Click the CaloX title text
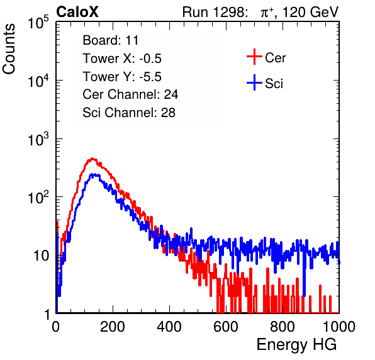pos(77,11)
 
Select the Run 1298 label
pos(215,12)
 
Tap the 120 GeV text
pos(311,12)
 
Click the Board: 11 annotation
pos(111,40)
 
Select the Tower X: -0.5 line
pos(122,59)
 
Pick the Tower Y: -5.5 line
pos(122,77)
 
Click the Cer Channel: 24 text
pos(130,94)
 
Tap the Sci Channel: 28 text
pos(129,113)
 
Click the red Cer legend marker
pos(254,57)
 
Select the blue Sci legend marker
pos(254,83)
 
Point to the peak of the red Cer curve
pos(92,159)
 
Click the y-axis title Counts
pos(9,48)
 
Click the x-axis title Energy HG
pos(296,345)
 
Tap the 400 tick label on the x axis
pos(169,327)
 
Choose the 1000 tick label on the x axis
pos(339,327)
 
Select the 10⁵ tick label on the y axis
pos(38,23)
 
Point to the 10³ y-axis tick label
pos(38,140)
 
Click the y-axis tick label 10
pos(42,256)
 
